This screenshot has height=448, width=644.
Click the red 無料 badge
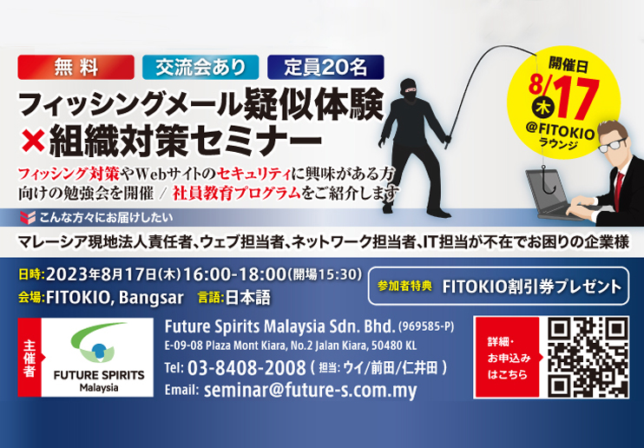(76, 68)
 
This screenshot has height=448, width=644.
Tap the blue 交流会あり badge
(200, 68)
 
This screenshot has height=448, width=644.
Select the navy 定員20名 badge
(325, 68)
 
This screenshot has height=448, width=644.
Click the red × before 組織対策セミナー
(33, 141)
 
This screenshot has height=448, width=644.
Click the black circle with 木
(543, 108)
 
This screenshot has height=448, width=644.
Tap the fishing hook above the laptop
(548, 183)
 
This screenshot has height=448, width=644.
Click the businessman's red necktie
(619, 186)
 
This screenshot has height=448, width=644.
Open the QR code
(588, 357)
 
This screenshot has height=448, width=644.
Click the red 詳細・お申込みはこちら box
(508, 357)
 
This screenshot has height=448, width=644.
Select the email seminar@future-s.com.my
(310, 390)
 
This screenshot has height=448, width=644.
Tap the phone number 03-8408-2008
(246, 367)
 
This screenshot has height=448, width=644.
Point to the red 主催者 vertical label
(30, 357)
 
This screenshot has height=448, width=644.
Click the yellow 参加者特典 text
(404, 286)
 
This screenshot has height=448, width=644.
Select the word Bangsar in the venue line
(151, 298)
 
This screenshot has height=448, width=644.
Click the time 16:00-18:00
(234, 274)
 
